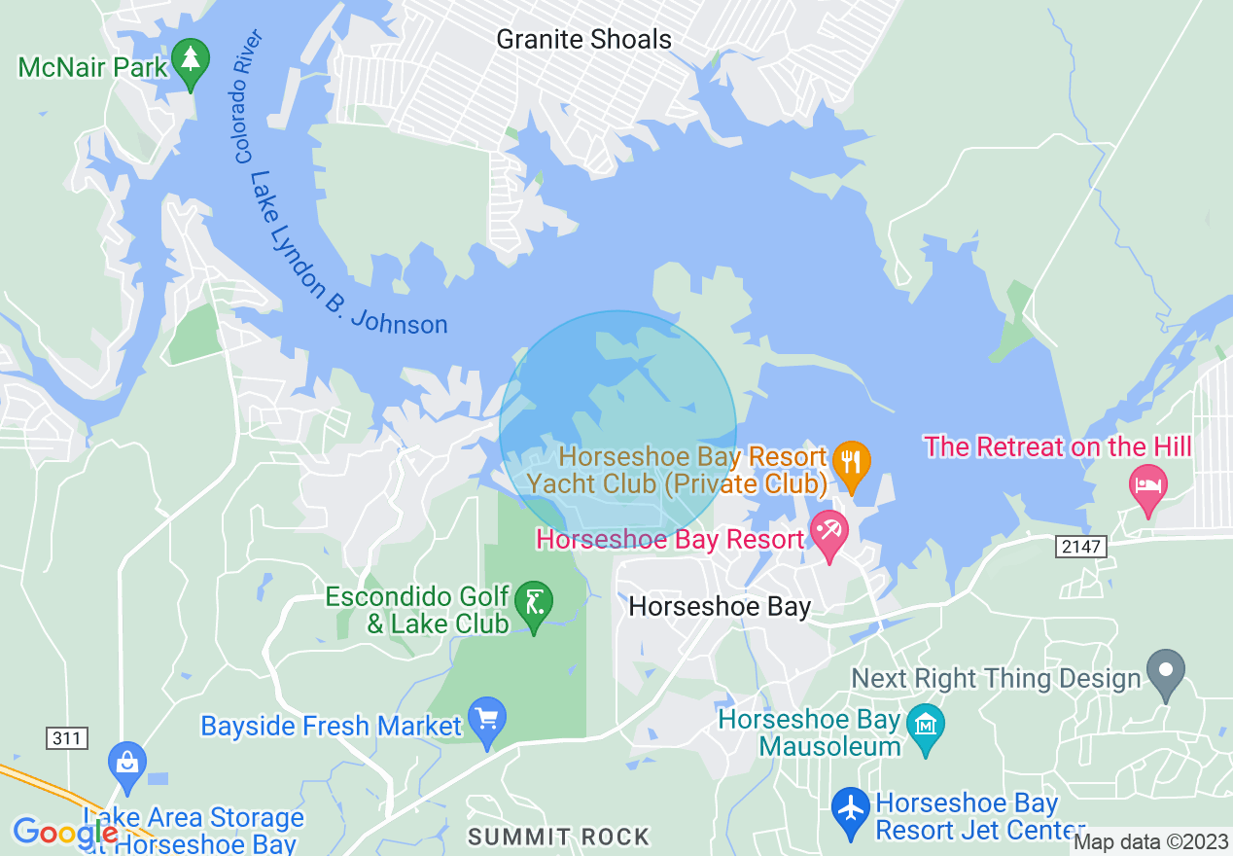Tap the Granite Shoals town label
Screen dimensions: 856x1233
pyautogui.click(x=583, y=40)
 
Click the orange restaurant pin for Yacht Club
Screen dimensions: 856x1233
pyautogui.click(x=852, y=464)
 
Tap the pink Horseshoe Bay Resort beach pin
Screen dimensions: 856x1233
pyautogui.click(x=829, y=535)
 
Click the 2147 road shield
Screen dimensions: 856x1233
pyautogui.click(x=1081, y=547)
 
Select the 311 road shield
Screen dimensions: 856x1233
pyautogui.click(x=66, y=738)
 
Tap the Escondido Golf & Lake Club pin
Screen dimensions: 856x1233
pyautogui.click(x=533, y=604)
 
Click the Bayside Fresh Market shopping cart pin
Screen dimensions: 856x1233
pyautogui.click(x=487, y=721)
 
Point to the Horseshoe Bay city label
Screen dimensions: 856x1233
pyautogui.click(x=720, y=607)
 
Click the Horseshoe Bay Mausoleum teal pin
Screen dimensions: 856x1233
pyautogui.click(x=925, y=726)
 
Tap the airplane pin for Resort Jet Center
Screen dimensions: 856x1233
pyautogui.click(x=851, y=810)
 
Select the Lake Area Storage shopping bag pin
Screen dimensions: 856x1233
pyautogui.click(x=127, y=762)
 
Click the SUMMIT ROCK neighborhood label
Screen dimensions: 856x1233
pyautogui.click(x=558, y=837)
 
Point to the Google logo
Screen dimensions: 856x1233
pyautogui.click(x=64, y=833)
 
